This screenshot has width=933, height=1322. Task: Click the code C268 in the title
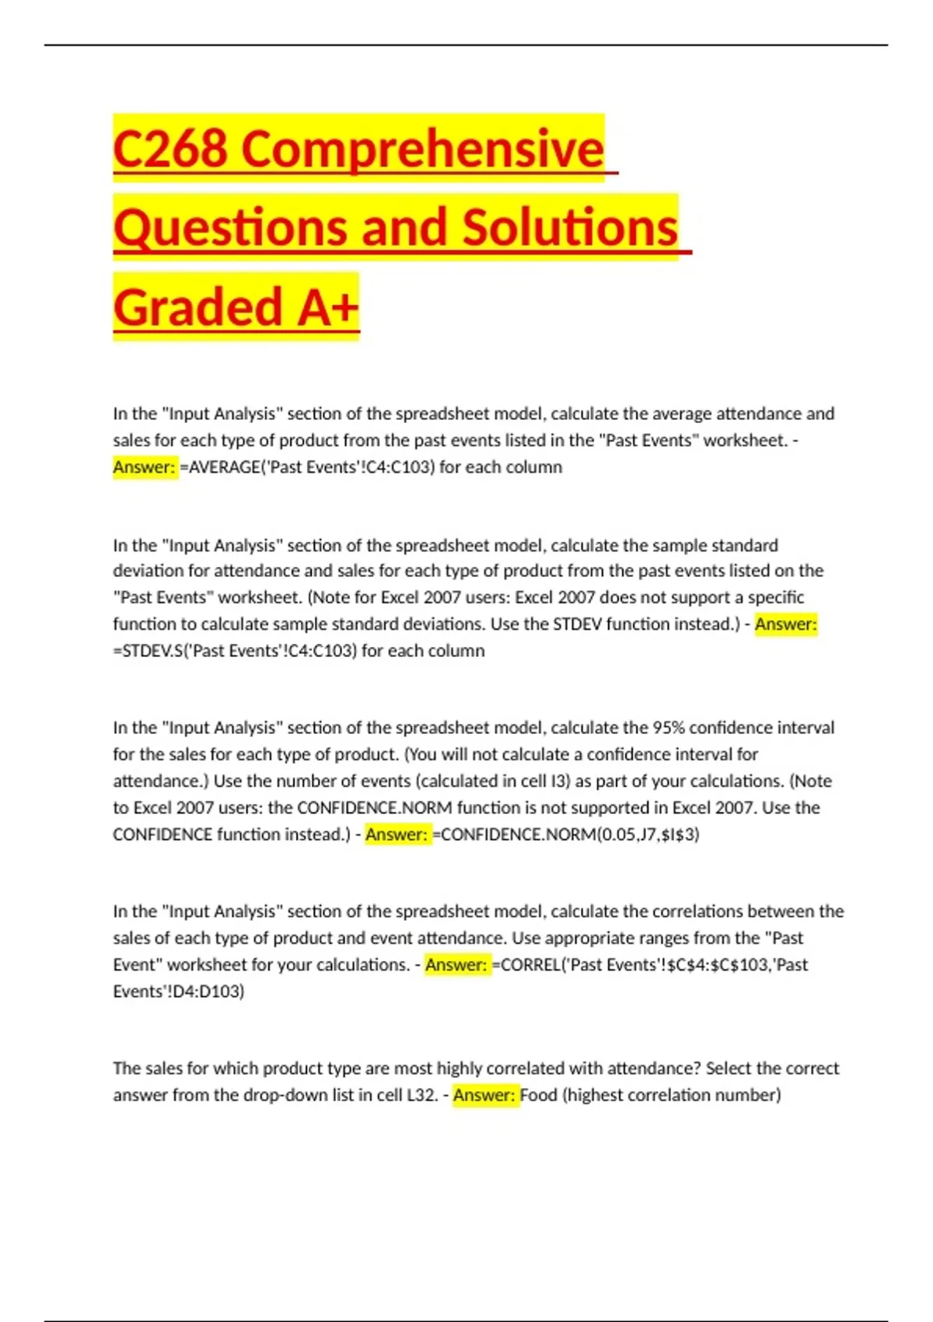pyautogui.click(x=170, y=148)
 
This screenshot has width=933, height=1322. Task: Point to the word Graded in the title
pyautogui.click(x=197, y=306)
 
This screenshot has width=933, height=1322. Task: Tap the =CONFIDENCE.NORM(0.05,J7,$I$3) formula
pyautogui.click(x=566, y=834)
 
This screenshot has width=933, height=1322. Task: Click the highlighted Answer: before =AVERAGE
pyautogui.click(x=145, y=467)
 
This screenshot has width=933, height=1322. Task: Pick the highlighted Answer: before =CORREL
pyautogui.click(x=456, y=965)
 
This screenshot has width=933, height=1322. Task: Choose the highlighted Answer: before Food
pyautogui.click(x=484, y=1096)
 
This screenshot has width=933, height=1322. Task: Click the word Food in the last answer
pyautogui.click(x=539, y=1096)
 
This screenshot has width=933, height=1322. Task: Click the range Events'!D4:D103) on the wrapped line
pyautogui.click(x=179, y=991)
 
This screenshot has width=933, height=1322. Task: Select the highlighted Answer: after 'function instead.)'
pyautogui.click(x=785, y=624)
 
